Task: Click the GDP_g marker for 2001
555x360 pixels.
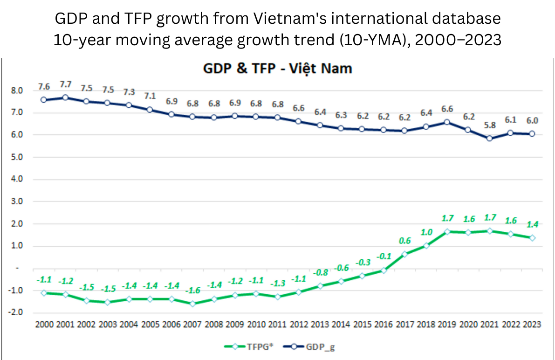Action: point(66,97)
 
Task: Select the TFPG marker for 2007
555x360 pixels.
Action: point(192,304)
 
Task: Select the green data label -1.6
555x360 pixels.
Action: point(192,290)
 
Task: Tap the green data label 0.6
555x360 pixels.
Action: point(404,241)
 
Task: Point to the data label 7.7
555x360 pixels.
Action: point(66,84)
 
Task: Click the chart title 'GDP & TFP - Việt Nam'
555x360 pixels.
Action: point(278,69)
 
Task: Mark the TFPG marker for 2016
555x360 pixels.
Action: point(384,270)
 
